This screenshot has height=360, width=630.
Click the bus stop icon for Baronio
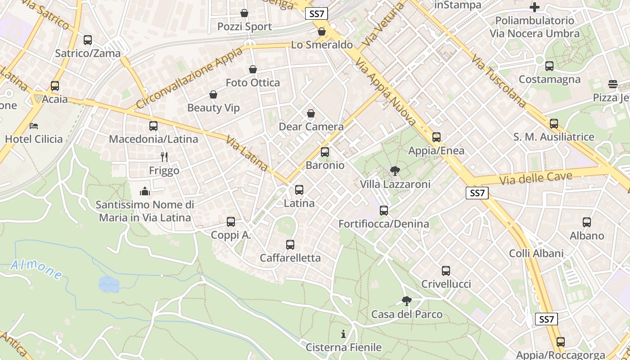tap(325, 152)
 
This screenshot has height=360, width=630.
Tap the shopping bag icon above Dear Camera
tap(310, 113)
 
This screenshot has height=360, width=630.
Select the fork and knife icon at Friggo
tap(164, 157)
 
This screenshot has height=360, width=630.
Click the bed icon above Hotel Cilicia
tap(34, 126)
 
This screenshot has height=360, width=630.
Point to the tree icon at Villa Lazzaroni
tap(395, 171)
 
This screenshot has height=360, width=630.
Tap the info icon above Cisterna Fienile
tap(343, 334)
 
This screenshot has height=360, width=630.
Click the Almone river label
tap(36, 269)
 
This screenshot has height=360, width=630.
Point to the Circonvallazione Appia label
tap(189, 77)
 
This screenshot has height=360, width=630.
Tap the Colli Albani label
tap(536, 253)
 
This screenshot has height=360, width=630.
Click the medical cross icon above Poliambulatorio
tap(535, 7)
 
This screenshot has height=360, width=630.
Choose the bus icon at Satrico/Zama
tap(88, 40)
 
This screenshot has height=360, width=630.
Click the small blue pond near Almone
tap(108, 283)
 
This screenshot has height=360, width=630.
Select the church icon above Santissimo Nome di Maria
tap(145, 192)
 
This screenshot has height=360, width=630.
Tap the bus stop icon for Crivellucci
tap(445, 271)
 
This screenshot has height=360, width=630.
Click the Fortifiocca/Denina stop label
tap(383, 224)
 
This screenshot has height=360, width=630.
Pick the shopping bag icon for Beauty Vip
tap(213, 94)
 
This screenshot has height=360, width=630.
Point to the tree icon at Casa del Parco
tap(406, 301)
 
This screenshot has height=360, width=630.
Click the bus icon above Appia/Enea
tap(436, 137)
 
